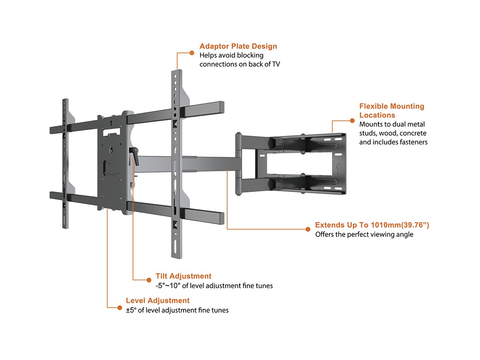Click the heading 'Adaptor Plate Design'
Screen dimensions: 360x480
coord(238,46)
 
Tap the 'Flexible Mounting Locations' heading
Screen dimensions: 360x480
coord(392,110)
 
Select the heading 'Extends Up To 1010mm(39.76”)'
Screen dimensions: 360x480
coord(372,225)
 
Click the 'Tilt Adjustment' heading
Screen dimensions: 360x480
coord(183,276)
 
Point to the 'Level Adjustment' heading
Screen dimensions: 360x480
coord(158,300)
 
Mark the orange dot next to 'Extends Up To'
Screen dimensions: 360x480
coord(308,229)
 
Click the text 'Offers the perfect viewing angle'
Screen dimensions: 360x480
coord(364,234)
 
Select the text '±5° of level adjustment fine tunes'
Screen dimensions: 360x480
coord(177,310)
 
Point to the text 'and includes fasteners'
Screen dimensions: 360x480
coord(393,142)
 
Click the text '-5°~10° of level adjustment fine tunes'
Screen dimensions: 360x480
coord(214,286)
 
